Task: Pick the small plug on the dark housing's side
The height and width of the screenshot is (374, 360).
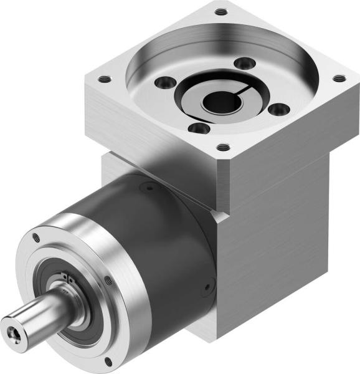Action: click(x=206, y=287)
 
